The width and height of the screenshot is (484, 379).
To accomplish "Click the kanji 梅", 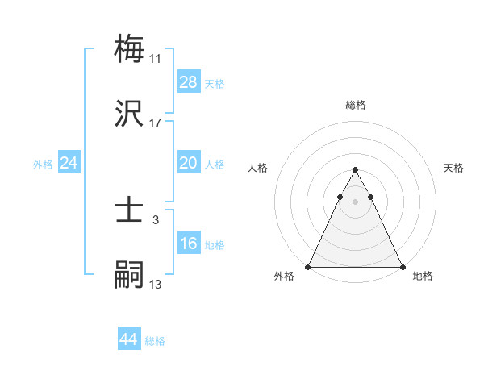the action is click(129, 48).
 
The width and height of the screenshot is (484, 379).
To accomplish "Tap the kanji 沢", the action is click(129, 114).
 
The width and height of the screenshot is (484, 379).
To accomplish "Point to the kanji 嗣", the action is click(129, 274).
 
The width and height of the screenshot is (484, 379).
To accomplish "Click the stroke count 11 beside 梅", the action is click(155, 59).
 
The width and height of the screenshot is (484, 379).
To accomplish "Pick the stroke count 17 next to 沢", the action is click(155, 123).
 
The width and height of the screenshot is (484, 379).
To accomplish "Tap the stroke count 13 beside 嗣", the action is click(155, 284).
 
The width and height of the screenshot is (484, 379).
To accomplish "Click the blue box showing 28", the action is click(188, 82).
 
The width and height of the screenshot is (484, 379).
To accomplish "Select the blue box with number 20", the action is click(188, 163).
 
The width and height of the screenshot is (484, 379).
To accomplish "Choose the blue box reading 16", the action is click(188, 244).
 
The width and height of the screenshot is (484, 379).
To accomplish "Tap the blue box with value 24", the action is click(69, 163).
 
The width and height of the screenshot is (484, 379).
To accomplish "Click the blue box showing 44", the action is click(129, 340).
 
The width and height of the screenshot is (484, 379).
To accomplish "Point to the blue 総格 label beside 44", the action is click(155, 341).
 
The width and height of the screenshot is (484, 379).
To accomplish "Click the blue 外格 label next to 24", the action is click(43, 164).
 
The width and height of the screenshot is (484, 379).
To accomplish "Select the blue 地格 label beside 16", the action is click(215, 244).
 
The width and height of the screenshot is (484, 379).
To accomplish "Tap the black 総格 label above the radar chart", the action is click(355, 105).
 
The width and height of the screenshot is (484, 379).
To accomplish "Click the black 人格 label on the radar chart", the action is click(258, 168).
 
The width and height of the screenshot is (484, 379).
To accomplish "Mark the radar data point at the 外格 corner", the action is click(308, 267).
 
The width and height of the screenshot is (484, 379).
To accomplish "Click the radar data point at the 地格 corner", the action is click(402, 267).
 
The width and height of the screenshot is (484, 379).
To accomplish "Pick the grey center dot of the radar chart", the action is click(355, 202).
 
